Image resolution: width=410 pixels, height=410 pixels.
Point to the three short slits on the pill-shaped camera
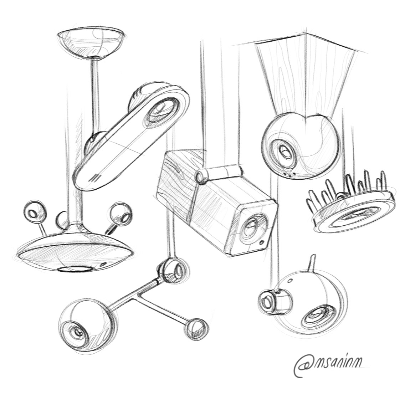pyautogui.click(x=95, y=176)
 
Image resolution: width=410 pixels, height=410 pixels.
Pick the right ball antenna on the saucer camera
pyautogui.click(x=121, y=213)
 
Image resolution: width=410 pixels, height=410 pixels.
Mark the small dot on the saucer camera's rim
pyautogui.click(x=104, y=265)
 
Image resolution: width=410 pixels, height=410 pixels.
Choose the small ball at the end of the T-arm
pyautogui.click(x=195, y=327)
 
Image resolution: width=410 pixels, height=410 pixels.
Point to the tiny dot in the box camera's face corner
pyautogui.click(x=263, y=242)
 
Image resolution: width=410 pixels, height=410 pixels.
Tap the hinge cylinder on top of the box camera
pyautogui.click(x=203, y=175)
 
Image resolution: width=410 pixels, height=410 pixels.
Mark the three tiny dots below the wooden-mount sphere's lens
pyautogui.click(x=289, y=174)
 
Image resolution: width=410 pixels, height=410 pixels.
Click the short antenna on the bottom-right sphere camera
pyautogui.click(x=312, y=263)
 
